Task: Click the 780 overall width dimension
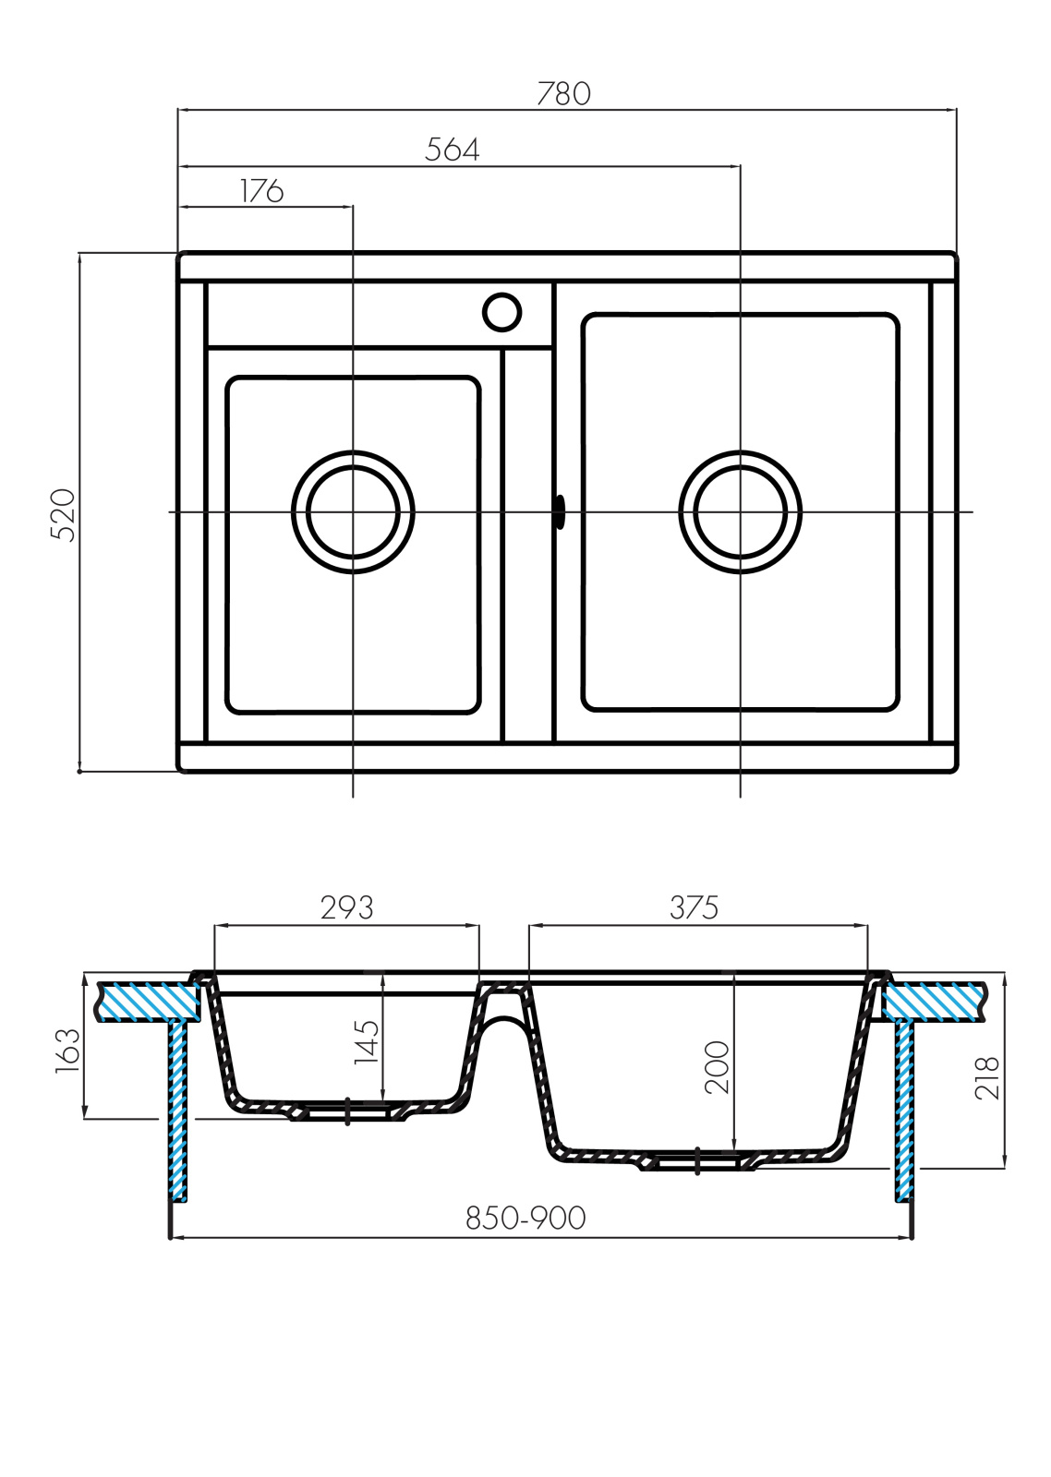coord(563,93)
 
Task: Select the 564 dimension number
coord(452,150)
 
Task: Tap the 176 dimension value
coord(261,191)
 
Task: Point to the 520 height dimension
coord(64,515)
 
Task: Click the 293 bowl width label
coord(347,908)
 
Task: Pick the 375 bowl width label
coord(694,908)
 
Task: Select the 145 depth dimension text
coord(367,1042)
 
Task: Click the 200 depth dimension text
coord(718,1067)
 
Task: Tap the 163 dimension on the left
coord(67,1051)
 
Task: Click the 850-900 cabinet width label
coord(525,1219)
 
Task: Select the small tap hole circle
coord(501,312)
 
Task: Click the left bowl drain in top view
coord(353,512)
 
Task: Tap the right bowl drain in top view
coord(741,512)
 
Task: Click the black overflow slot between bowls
coord(561,511)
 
